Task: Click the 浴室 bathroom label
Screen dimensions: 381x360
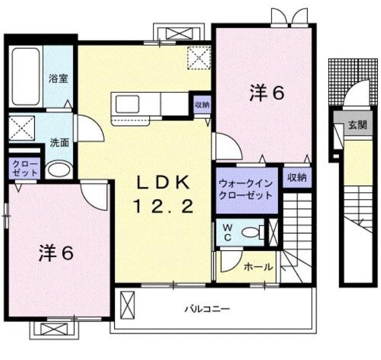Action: tap(58, 79)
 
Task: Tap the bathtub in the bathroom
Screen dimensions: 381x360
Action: tap(26, 77)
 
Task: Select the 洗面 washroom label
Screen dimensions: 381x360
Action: tap(59, 142)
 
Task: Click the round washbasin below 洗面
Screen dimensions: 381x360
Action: tap(59, 170)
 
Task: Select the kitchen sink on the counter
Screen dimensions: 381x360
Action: tap(128, 104)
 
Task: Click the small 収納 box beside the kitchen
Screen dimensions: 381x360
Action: tap(202, 105)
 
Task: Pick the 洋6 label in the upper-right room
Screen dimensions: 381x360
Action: tap(267, 93)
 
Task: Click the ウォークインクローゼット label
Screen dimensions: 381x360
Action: tap(246, 189)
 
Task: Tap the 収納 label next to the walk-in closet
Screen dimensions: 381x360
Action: tap(297, 178)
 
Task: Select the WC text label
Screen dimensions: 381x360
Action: tap(228, 232)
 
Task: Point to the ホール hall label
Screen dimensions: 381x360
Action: tap(258, 267)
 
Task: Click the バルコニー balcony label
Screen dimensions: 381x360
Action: tap(208, 309)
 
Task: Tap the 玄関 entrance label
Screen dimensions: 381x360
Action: tap(358, 125)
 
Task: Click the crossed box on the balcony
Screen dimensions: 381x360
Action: tap(128, 306)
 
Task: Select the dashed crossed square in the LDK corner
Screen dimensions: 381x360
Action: tap(199, 58)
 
